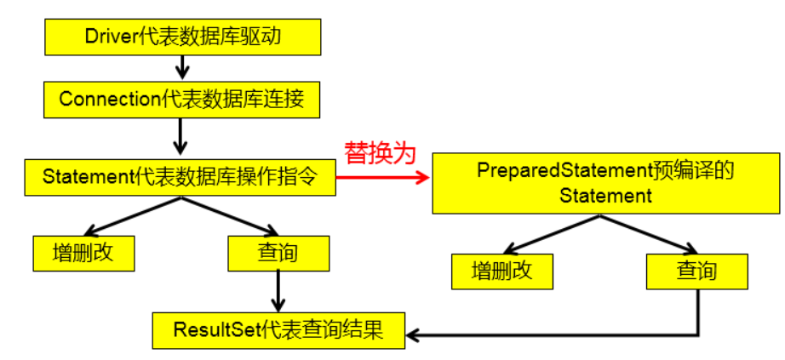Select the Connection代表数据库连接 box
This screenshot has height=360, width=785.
pyautogui.click(x=182, y=99)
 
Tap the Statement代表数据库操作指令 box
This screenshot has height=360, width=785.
pyautogui.click(x=180, y=177)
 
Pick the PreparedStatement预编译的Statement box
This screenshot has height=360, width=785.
pyautogui.click(x=605, y=183)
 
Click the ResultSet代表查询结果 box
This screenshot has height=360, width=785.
pyautogui.click(x=278, y=329)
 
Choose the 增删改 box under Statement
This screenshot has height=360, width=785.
pyautogui.click(x=83, y=253)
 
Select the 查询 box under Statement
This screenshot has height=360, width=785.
pyautogui.click(x=278, y=253)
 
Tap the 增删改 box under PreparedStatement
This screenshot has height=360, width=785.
pyautogui.click(x=502, y=271)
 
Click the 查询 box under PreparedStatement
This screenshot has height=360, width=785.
pyautogui.click(x=696, y=271)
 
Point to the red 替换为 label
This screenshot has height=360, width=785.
pyautogui.click(x=380, y=153)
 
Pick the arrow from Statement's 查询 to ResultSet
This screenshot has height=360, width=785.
pyautogui.click(x=278, y=291)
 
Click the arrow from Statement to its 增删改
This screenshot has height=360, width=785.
pyautogui.click(x=132, y=216)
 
